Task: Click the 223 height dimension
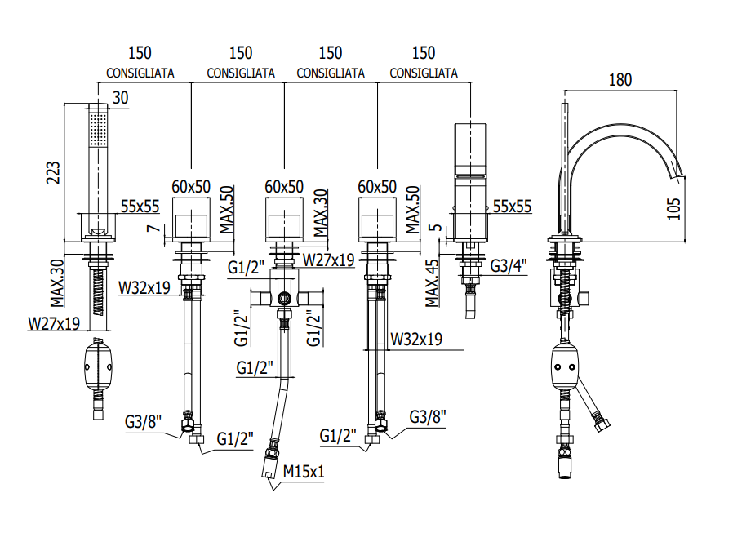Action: (x=53, y=172)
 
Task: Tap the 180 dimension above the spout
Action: (x=620, y=80)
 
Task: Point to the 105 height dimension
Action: (x=673, y=208)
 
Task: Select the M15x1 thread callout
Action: (x=304, y=471)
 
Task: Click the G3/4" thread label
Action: (x=509, y=265)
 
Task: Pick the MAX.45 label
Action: (x=432, y=283)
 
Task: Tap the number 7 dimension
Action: (x=153, y=229)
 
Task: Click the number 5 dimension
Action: (x=435, y=229)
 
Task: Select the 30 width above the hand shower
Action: (x=120, y=98)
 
